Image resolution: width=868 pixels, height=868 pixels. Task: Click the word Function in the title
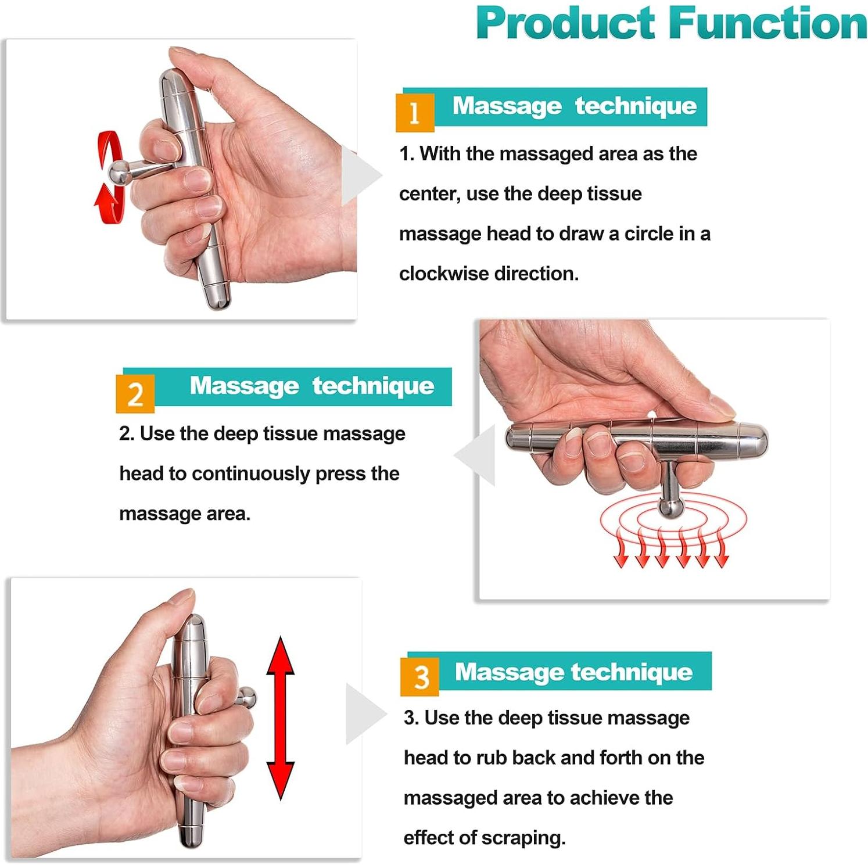768,23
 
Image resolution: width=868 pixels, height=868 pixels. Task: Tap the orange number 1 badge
415,112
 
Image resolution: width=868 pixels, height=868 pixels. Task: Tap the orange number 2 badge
135,394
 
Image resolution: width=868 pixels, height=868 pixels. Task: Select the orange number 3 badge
419,677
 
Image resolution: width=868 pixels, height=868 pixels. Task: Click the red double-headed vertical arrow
281,718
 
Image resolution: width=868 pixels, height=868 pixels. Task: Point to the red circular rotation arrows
110,177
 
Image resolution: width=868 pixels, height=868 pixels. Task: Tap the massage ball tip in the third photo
246,697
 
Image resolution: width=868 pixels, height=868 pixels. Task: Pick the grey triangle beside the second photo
475,455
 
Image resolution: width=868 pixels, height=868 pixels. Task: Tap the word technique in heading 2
373,386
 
